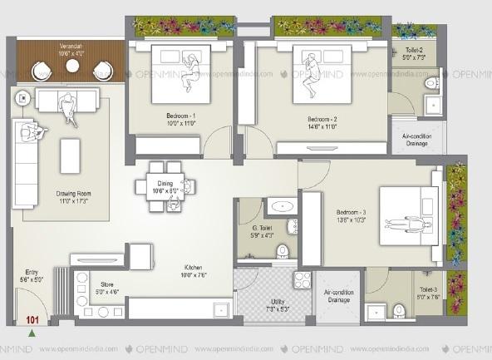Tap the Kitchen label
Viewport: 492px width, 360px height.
tap(194, 268)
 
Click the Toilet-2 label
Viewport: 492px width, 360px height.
tap(413, 52)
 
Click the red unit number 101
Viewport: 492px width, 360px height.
tap(33, 318)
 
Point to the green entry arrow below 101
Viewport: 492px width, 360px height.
tap(32, 333)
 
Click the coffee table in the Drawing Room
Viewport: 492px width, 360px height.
tap(71, 155)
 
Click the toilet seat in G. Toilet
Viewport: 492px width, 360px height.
tap(283, 249)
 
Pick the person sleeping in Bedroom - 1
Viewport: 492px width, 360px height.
tap(191, 71)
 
